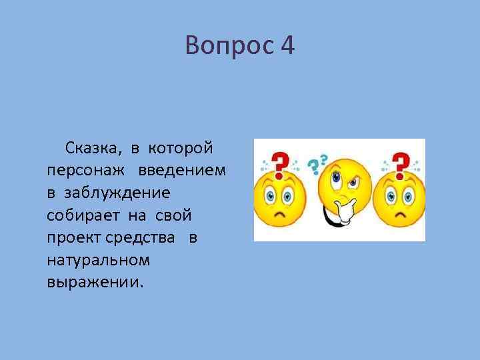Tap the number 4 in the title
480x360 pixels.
coord(287,46)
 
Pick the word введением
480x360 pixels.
coord(183,171)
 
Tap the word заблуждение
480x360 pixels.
coord(117,193)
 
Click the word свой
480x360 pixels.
coord(174,215)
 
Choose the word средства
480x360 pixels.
coord(143,238)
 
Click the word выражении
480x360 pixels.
coord(95,282)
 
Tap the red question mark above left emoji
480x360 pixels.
coord(281,162)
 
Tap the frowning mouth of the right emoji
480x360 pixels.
coord(399,218)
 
